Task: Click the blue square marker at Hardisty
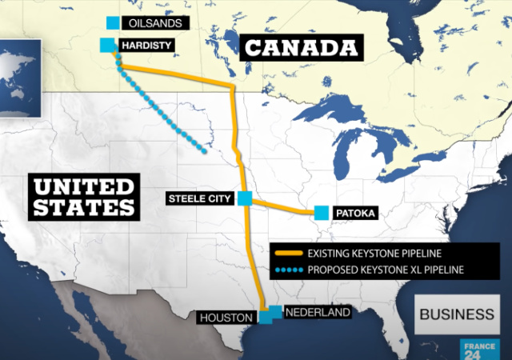(x=107, y=45)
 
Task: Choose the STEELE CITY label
(x=199, y=198)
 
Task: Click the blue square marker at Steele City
(x=245, y=198)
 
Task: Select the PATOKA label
(x=356, y=214)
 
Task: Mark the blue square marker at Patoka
(x=322, y=213)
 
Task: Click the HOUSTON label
(x=226, y=318)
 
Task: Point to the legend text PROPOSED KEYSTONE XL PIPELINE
(x=385, y=270)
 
